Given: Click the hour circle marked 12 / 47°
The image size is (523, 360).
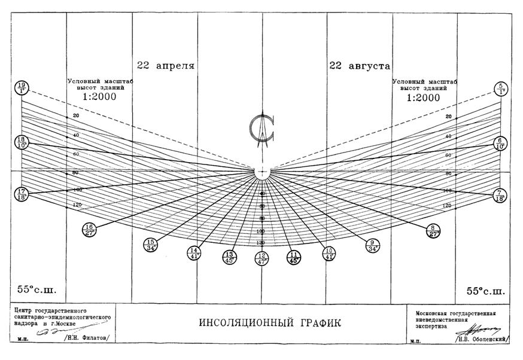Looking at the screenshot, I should (262, 258).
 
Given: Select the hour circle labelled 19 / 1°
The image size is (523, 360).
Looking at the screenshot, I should (22, 89).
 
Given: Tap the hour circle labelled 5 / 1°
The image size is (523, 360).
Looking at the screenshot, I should (500, 89).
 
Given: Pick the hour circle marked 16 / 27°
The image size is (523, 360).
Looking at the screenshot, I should (90, 230).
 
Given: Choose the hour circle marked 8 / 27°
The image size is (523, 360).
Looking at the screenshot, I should (433, 230).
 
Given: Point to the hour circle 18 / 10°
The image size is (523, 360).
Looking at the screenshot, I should (22, 143).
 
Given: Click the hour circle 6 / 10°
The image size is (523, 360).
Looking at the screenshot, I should (500, 143).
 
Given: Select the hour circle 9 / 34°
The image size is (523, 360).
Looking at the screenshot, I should (372, 245).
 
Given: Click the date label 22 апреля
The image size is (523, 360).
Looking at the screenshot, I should (166, 65).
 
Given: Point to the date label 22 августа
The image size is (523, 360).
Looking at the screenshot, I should (359, 65).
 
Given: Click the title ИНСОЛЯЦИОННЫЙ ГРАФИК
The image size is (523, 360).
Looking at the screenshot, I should (261, 324).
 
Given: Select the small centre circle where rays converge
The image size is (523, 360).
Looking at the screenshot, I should (262, 171).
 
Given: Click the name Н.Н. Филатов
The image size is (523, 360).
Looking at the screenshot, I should (90, 338).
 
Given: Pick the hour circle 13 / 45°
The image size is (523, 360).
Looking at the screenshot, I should (228, 257).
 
